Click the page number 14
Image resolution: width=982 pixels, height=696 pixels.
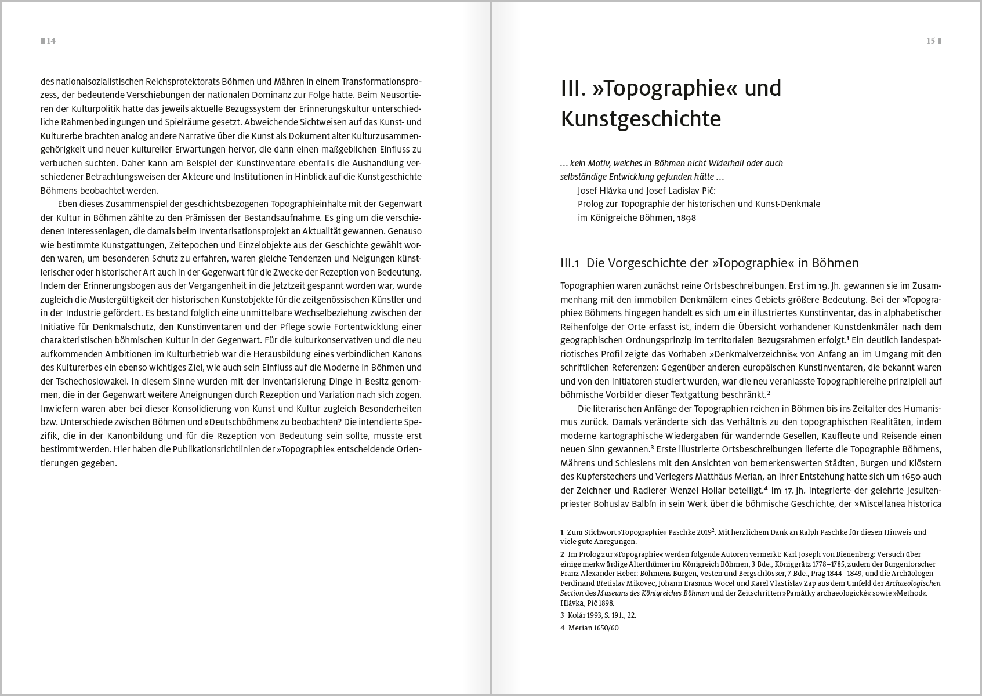pos(51,41)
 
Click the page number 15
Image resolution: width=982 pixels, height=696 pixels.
pos(930,41)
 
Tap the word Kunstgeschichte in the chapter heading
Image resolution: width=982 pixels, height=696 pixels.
pos(640,119)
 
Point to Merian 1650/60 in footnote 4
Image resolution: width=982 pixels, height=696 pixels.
pos(594,628)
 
